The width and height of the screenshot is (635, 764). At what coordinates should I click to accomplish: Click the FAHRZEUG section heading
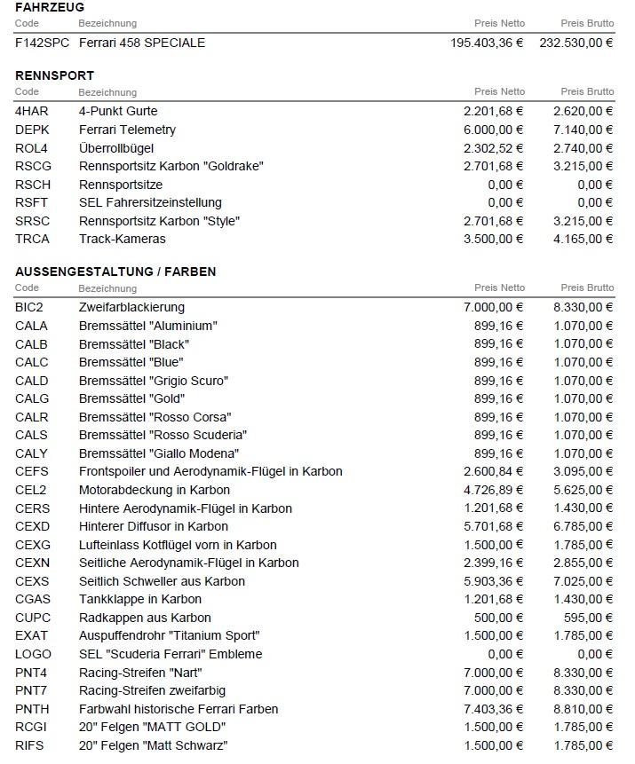(x=50, y=7)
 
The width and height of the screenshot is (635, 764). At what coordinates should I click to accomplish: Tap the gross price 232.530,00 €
(x=576, y=43)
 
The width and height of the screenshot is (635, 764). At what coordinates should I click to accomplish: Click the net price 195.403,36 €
(x=487, y=43)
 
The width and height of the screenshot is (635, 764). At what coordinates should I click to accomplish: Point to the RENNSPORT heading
(x=54, y=75)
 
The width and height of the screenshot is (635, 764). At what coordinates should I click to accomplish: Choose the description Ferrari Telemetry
(x=127, y=130)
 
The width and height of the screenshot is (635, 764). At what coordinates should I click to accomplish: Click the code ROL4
(x=32, y=148)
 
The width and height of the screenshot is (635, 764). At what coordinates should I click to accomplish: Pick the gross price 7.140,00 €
(x=583, y=130)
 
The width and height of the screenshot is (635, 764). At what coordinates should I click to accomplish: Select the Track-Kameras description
(x=123, y=239)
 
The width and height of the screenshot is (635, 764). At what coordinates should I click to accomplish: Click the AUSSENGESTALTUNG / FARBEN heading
(x=115, y=272)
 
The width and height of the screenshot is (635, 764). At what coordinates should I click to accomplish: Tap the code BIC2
(x=31, y=307)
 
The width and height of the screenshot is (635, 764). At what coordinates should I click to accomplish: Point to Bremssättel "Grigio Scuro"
(x=154, y=381)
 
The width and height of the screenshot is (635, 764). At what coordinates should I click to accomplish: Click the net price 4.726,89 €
(x=494, y=490)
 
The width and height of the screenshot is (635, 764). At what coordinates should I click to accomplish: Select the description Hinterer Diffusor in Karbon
(x=154, y=526)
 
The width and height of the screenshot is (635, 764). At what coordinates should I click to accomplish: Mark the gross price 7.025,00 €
(x=583, y=581)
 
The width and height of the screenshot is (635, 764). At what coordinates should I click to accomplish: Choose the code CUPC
(x=33, y=618)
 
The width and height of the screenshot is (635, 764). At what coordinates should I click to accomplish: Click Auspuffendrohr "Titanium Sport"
(x=169, y=636)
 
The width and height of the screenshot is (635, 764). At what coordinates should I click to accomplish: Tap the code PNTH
(x=32, y=709)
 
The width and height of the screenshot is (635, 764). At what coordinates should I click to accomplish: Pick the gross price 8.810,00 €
(x=583, y=709)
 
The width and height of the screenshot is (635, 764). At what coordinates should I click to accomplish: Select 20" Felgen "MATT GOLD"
(x=152, y=728)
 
